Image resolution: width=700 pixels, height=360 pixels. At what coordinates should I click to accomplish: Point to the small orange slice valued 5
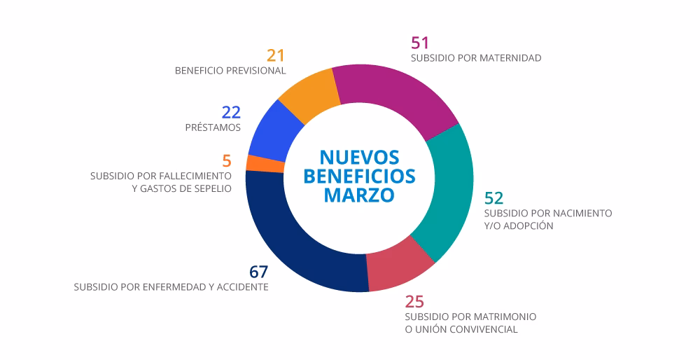[255, 163]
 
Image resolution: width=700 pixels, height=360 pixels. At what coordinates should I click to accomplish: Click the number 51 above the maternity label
[420, 43]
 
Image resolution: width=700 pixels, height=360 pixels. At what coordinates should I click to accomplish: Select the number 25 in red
[414, 301]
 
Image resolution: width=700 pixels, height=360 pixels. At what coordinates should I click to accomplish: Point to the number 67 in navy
[258, 272]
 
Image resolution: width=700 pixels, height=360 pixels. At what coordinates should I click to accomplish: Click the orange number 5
[226, 160]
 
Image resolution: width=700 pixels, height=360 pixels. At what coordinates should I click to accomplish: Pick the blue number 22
[231, 112]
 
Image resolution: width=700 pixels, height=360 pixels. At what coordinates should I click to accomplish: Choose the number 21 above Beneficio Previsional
[276, 55]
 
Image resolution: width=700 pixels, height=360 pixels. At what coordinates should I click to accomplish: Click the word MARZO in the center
[359, 195]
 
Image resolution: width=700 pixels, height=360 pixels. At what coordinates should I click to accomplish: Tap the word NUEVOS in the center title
[359, 155]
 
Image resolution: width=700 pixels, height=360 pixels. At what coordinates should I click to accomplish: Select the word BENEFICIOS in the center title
[359, 175]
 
